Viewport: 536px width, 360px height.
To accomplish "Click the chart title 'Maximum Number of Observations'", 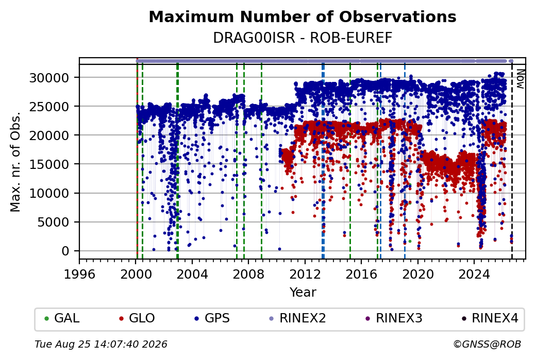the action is pyautogui.click(x=303, y=16).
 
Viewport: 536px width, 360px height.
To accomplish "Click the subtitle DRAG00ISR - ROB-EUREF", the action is pyautogui.click(x=303, y=38).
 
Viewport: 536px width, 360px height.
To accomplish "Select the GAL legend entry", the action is pyautogui.click(x=62, y=318).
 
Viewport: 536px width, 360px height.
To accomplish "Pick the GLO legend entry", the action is pyautogui.click(x=137, y=318).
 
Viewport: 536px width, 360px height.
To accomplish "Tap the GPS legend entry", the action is pyautogui.click(x=212, y=318).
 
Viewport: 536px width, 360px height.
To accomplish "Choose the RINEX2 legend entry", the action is pyautogui.click(x=298, y=318).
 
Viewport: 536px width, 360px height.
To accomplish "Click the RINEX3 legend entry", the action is pyautogui.click(x=394, y=318).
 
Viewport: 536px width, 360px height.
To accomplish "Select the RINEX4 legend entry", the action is pyautogui.click(x=490, y=318).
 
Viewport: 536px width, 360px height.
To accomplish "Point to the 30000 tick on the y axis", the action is pyautogui.click(x=49, y=78).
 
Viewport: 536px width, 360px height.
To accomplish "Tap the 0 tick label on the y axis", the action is pyautogui.click(x=65, y=251).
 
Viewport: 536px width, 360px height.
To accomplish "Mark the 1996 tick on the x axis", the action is pyautogui.click(x=80, y=274).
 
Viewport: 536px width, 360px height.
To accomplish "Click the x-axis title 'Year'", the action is pyautogui.click(x=303, y=293).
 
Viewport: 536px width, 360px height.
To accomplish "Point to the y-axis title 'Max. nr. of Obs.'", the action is pyautogui.click(x=16, y=162).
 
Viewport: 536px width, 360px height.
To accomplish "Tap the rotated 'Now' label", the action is pyautogui.click(x=520, y=79).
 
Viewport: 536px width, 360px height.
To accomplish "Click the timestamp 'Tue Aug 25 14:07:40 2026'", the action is pyautogui.click(x=101, y=344).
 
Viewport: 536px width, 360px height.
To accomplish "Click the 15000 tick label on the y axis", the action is pyautogui.click(x=49, y=165).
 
